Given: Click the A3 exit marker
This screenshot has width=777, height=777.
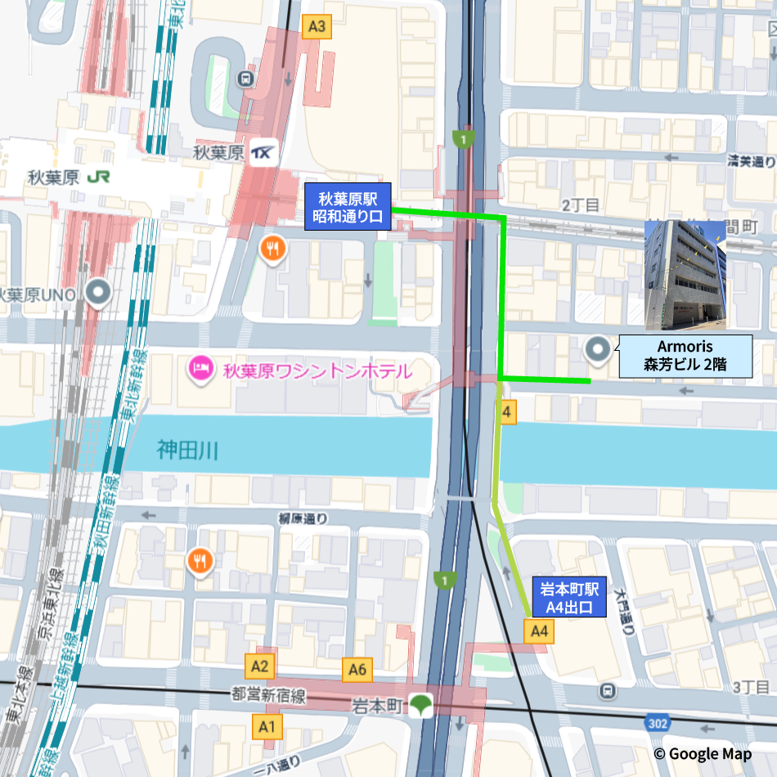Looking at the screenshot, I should coord(316,27).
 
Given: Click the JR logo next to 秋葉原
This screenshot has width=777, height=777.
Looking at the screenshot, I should coord(99,176).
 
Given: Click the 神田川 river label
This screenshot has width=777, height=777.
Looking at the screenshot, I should coord(187,449).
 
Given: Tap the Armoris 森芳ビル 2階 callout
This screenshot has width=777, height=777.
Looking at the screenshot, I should coord(685,357).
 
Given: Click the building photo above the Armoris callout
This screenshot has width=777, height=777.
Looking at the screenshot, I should coord(685,275).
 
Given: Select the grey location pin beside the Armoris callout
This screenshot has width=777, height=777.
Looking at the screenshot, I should coord(598,351).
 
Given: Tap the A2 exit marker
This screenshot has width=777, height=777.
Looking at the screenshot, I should coord(261,665).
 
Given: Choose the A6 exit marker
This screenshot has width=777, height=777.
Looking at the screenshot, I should coord(357,670).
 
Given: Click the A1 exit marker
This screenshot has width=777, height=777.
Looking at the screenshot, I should coord(267,725).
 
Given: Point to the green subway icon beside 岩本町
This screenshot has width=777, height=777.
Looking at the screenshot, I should coord(422,704).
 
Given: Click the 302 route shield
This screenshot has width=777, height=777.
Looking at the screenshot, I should coord(656,723).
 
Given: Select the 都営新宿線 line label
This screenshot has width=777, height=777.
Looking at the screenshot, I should coord(268,697).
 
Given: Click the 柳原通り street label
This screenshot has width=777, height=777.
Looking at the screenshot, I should coord(303,518).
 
